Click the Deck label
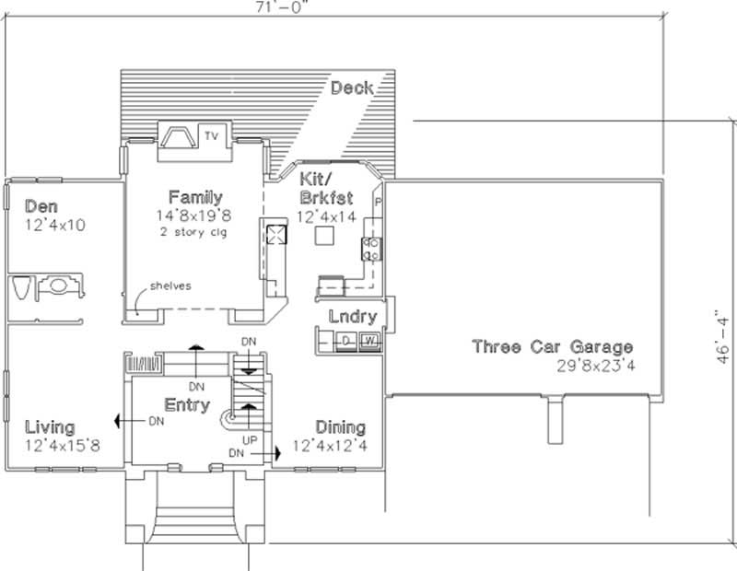(x=352, y=88)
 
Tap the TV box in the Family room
(x=212, y=136)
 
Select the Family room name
(x=194, y=197)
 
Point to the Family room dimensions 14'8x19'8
(x=193, y=215)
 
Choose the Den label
(x=42, y=206)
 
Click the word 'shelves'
(x=172, y=285)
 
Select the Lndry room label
(x=352, y=317)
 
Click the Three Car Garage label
(x=552, y=347)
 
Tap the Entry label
(x=187, y=405)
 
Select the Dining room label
(x=340, y=427)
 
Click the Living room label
(x=50, y=427)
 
